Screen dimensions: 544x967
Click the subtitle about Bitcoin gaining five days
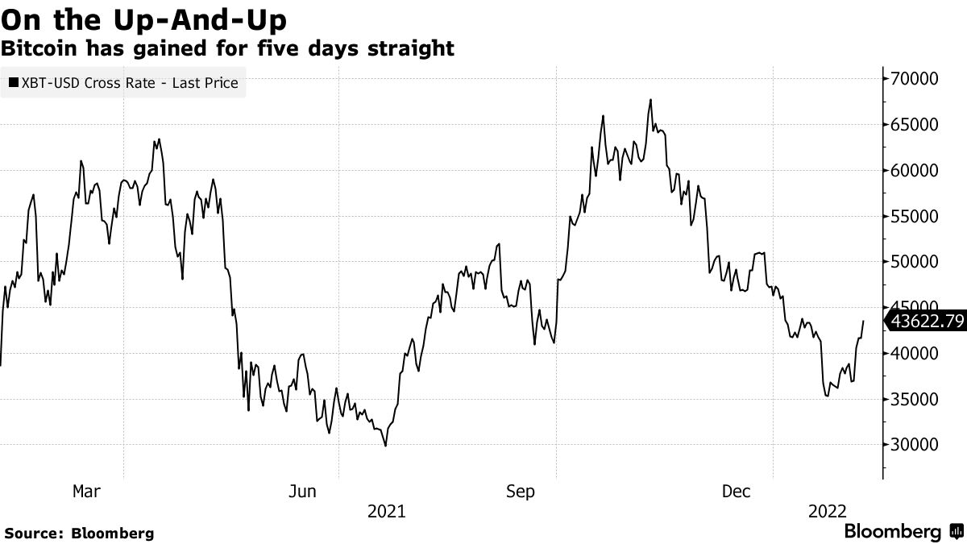(227, 48)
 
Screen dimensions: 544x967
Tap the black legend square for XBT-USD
(13, 82)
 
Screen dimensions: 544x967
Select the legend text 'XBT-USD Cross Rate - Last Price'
(130, 82)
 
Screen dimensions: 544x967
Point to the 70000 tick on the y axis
(915, 79)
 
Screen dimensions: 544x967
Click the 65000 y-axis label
(915, 125)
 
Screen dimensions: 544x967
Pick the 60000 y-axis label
(915, 171)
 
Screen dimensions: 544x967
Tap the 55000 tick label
(915, 217)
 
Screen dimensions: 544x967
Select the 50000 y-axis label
(915, 262)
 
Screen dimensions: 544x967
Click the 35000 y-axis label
(915, 400)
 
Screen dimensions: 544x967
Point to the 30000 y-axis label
(915, 445)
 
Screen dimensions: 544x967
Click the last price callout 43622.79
(927, 322)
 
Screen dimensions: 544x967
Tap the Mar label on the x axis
(86, 492)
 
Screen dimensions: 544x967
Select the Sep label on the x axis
(520, 492)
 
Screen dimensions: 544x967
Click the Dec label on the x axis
(737, 492)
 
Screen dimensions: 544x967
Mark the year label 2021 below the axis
(387, 511)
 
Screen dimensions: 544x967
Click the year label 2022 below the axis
(827, 511)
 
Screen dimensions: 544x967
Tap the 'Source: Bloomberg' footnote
(79, 534)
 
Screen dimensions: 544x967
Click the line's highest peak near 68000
(650, 100)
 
